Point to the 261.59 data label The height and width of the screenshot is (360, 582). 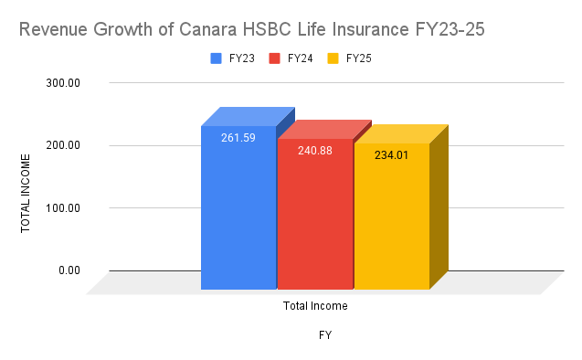(238, 139)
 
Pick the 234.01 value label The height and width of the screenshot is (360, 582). (392, 155)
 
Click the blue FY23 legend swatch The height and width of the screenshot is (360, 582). (217, 58)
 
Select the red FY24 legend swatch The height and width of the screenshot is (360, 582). (275, 58)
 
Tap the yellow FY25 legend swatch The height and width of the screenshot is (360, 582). (334, 58)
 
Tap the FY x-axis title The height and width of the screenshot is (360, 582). (324, 335)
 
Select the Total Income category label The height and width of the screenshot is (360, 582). (315, 306)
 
